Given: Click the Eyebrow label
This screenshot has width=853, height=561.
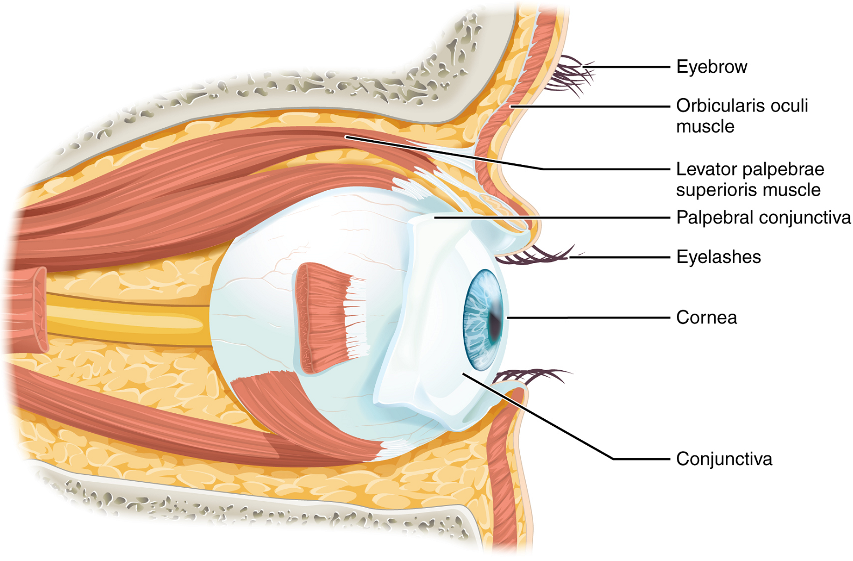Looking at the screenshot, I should coord(711,67).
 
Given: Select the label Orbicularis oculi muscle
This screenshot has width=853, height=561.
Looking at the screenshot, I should coord(742,115).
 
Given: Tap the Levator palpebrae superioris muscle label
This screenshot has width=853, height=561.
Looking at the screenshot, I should coord(750,179).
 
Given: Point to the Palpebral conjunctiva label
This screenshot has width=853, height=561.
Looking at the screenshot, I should coord(763,218).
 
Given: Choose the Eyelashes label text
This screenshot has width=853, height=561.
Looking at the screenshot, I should coord(718,257).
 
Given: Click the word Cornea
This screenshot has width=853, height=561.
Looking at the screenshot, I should coord(706,317).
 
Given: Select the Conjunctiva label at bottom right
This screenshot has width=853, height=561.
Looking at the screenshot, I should coord(724,459).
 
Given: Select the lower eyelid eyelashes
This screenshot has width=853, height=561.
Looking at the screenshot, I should coord(530,375).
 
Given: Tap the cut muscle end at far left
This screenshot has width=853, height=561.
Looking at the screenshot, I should coord(27,310).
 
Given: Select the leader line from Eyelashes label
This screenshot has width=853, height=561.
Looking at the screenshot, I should coord(619,258).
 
